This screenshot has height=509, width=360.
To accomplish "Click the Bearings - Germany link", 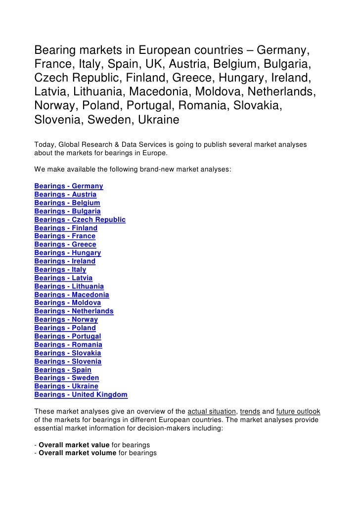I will tap(69, 186).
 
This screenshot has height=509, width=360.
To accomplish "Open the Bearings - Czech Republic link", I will tap(80, 219).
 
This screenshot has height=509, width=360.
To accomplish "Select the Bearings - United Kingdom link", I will tap(81, 395).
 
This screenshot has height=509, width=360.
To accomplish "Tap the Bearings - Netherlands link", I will tap(74, 311).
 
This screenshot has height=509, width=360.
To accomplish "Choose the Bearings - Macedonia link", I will tap(72, 295).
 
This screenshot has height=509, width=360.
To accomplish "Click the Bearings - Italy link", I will tap(60, 270).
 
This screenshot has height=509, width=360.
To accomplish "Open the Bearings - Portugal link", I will tap(68, 337).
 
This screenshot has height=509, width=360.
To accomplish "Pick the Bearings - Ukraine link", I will tap(66, 386).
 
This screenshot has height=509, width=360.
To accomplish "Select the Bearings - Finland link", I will tap(66, 228).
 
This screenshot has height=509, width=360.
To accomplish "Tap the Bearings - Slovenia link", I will tap(68, 361).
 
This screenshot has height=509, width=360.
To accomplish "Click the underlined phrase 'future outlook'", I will tap(298, 412).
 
